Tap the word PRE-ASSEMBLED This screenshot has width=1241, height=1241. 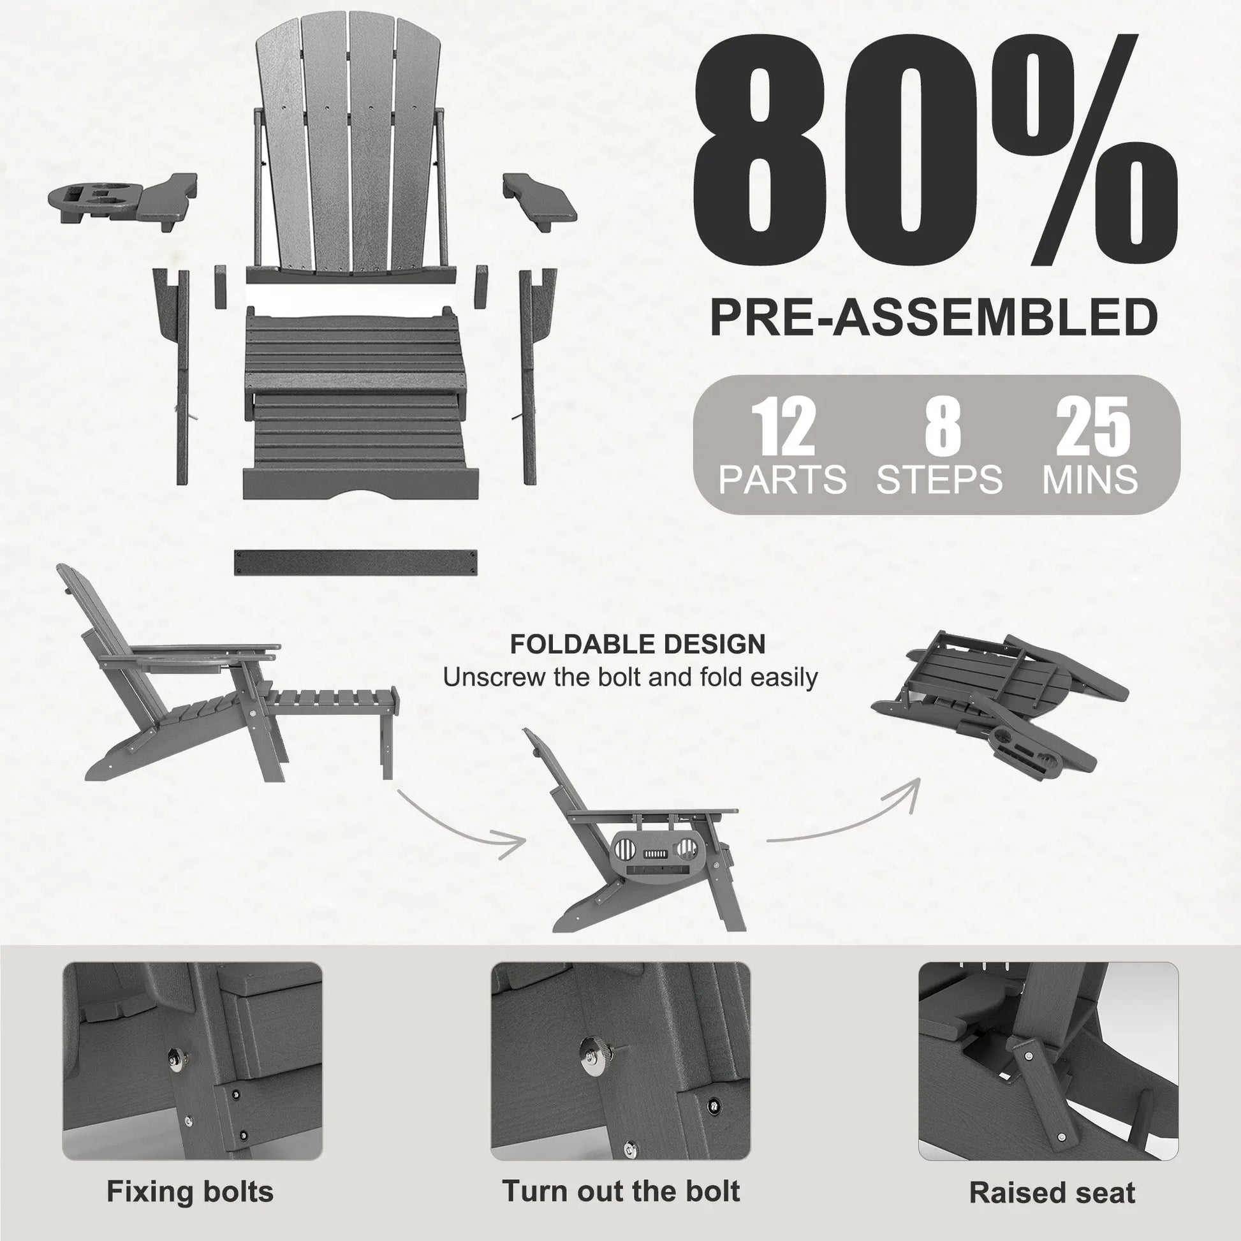[935, 318]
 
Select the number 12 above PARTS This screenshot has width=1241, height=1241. [783, 426]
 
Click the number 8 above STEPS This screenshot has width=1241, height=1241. [943, 426]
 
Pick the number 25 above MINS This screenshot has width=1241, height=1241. [1093, 426]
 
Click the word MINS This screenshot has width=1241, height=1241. [1090, 479]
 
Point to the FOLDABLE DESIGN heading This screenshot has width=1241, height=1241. [638, 643]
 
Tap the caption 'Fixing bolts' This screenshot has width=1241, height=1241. [190, 1173]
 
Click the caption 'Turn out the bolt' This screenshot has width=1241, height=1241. [620, 1173]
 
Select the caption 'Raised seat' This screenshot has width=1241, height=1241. [1052, 1175]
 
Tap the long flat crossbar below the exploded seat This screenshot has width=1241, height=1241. [355, 562]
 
